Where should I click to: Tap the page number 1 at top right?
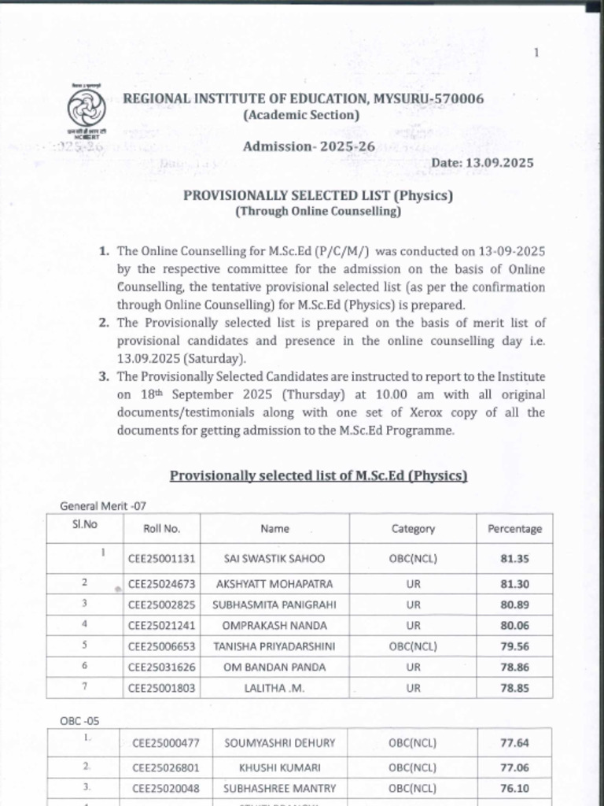coord(536,53)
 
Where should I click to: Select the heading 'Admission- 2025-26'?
coord(308,146)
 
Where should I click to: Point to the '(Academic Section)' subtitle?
coord(301,115)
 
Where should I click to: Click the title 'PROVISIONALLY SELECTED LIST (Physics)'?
coord(318,195)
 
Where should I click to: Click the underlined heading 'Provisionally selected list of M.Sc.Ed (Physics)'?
coord(319,475)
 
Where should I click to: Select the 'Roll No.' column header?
coord(162,529)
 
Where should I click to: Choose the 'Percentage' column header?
coord(514,529)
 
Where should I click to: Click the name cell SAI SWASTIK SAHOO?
coord(274,559)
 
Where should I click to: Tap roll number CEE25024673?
coord(162,585)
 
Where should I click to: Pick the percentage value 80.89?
coord(514,605)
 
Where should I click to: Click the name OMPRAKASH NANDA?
coord(274,626)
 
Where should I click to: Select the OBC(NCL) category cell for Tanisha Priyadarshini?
coord(413,646)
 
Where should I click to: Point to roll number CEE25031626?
coord(162,667)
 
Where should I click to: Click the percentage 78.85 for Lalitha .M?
coord(514,687)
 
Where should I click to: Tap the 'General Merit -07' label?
coord(103,506)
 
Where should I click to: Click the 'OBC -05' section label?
coord(79,720)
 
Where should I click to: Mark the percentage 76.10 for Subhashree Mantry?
coord(514,788)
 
